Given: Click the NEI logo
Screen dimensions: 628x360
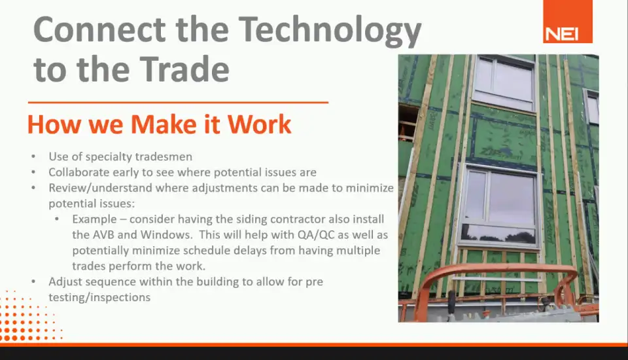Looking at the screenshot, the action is point(568,21).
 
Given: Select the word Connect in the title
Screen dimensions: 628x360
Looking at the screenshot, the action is point(99,29).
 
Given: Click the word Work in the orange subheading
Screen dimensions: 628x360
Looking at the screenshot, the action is point(260,124).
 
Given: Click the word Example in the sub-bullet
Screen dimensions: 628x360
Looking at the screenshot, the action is point(94,219).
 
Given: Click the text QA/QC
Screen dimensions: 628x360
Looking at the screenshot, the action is point(315,234).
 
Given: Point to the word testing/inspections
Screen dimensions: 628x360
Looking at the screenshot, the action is point(99,297).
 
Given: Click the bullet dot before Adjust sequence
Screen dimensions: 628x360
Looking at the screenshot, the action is point(33,281).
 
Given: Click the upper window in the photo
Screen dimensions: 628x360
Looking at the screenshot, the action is point(504,84).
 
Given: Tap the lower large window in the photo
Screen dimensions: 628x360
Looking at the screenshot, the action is point(499,206).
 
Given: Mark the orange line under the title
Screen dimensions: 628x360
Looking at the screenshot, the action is point(178,102).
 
